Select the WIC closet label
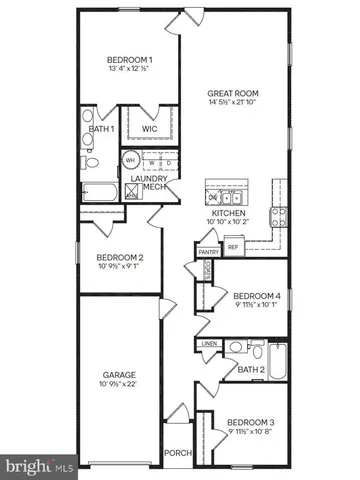click(151, 128)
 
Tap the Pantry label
click(208, 252)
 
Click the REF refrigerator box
click(233, 246)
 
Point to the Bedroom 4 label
click(254, 296)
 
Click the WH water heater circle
click(131, 159)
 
